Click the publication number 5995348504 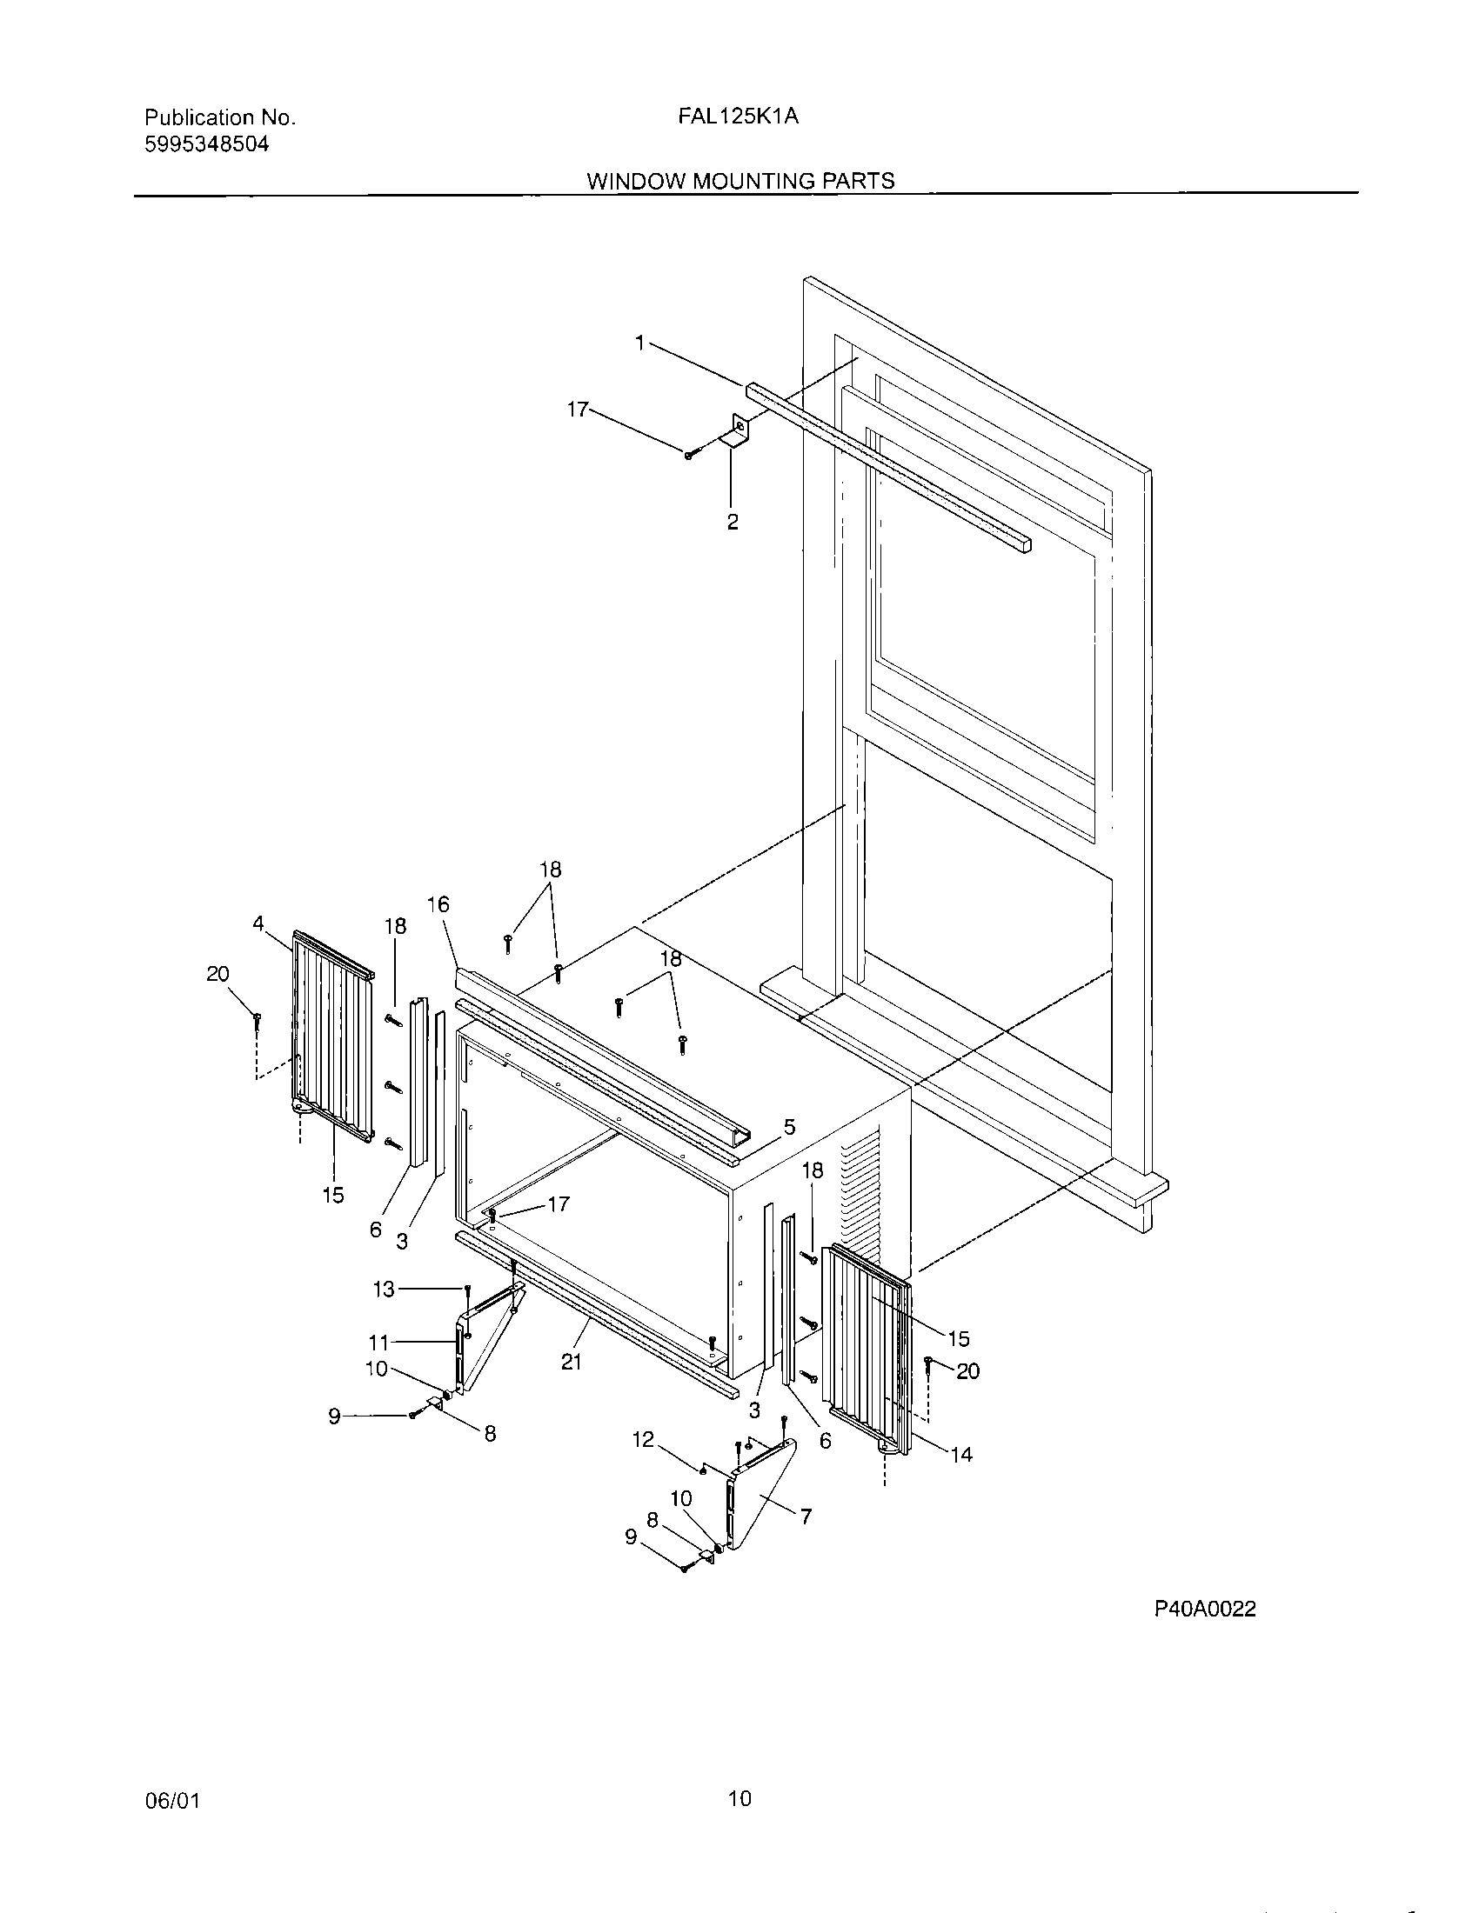click(206, 144)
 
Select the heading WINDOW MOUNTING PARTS click(740, 182)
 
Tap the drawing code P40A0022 click(1205, 1608)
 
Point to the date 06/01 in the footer click(171, 1801)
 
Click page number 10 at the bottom click(739, 1799)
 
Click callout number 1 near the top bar click(640, 343)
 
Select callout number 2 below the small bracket click(733, 522)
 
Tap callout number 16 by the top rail click(438, 904)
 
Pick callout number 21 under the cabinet click(572, 1362)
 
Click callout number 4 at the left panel click(258, 923)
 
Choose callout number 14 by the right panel click(961, 1454)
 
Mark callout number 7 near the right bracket click(806, 1516)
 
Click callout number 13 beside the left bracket click(384, 1290)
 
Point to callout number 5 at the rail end click(788, 1127)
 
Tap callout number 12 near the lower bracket click(643, 1439)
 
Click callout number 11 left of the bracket click(378, 1342)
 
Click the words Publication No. click(220, 117)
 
